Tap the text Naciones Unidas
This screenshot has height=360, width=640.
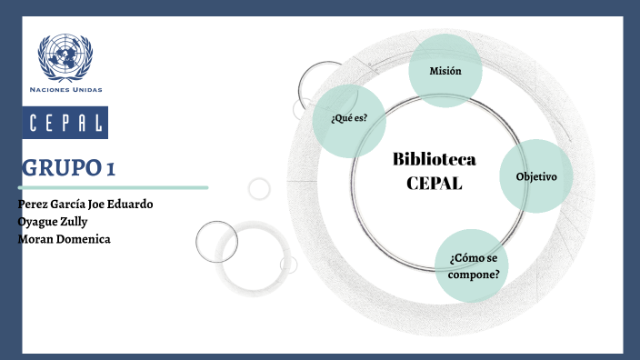click(66, 90)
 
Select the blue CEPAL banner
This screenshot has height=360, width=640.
click(65, 123)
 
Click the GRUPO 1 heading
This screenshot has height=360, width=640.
click(69, 168)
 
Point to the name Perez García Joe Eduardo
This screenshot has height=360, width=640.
click(85, 204)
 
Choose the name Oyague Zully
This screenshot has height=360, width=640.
click(53, 221)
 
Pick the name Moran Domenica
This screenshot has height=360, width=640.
click(64, 238)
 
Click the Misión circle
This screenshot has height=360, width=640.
click(445, 71)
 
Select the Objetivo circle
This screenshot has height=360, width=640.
click(536, 176)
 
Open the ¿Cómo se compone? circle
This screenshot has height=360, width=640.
click(473, 265)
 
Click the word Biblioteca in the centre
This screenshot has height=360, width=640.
click(435, 160)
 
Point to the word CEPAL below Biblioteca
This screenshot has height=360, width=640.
click(435, 183)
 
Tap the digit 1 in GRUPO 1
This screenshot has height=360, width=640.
click(110, 168)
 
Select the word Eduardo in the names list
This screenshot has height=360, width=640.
click(130, 204)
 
